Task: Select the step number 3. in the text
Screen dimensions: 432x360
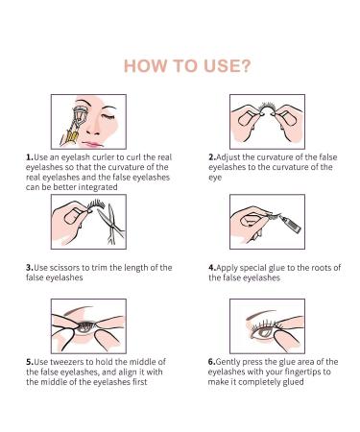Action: [x=31, y=267]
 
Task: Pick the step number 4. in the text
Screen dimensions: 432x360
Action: [x=212, y=267]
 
